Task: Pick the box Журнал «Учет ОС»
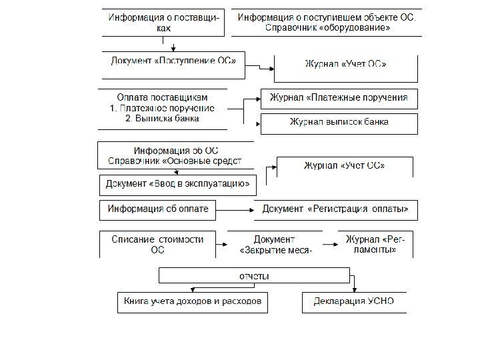pos(345,65)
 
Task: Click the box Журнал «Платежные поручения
pos(339,98)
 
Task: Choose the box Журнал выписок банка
pos(339,123)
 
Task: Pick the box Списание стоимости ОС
pos(157,244)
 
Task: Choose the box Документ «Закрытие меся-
pos(274,244)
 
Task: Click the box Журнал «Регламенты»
pos(377,244)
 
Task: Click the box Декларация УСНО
pos(353,301)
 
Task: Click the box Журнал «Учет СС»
pos(345,165)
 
